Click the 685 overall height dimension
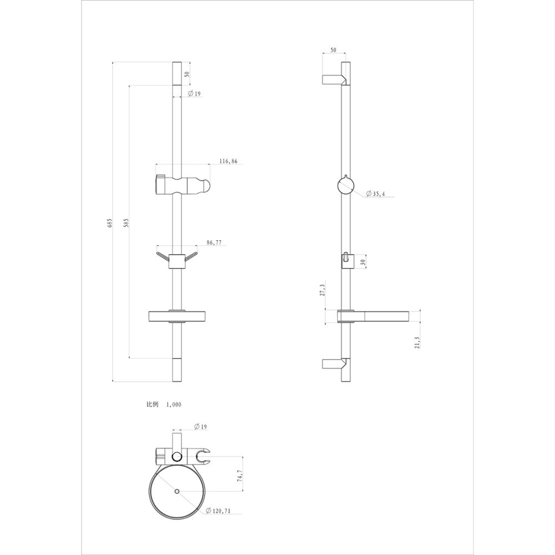click(x=110, y=223)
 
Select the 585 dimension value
click(x=127, y=223)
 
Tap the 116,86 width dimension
click(x=228, y=162)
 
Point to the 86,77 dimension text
click(x=215, y=243)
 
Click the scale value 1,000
click(x=174, y=405)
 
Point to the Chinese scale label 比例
click(x=152, y=405)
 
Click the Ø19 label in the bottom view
click(x=201, y=427)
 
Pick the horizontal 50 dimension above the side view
click(x=334, y=50)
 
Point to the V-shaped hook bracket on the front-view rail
click(x=176, y=260)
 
